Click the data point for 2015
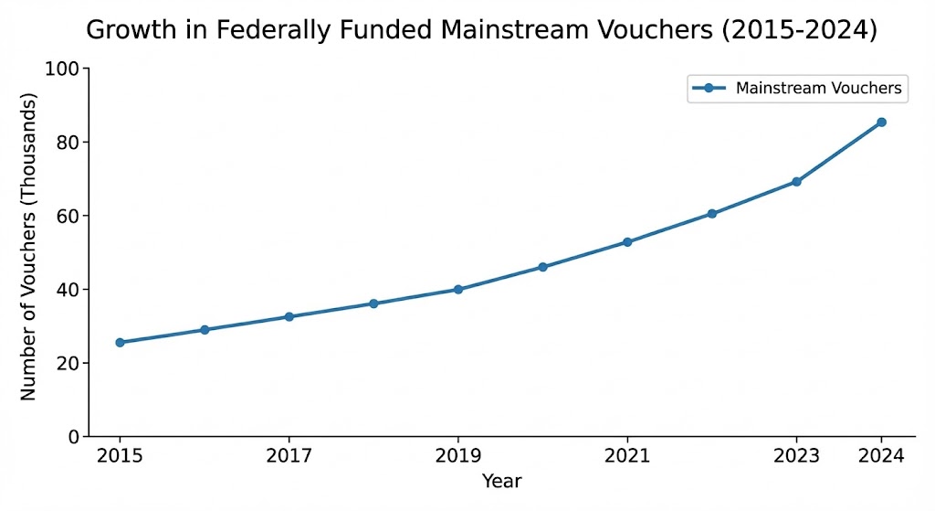pyautogui.click(x=120, y=343)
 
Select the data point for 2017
pyautogui.click(x=289, y=316)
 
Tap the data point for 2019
pyautogui.click(x=458, y=290)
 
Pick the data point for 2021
pyautogui.click(x=627, y=242)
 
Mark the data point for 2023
pyautogui.click(x=796, y=182)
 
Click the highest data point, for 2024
pyautogui.click(x=881, y=122)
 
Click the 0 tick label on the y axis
pyautogui.click(x=73, y=437)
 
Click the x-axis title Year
pyautogui.click(x=501, y=480)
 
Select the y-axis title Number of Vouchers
pyautogui.click(x=28, y=247)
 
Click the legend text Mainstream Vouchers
pyautogui.click(x=818, y=89)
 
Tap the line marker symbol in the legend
pyautogui.click(x=709, y=89)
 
